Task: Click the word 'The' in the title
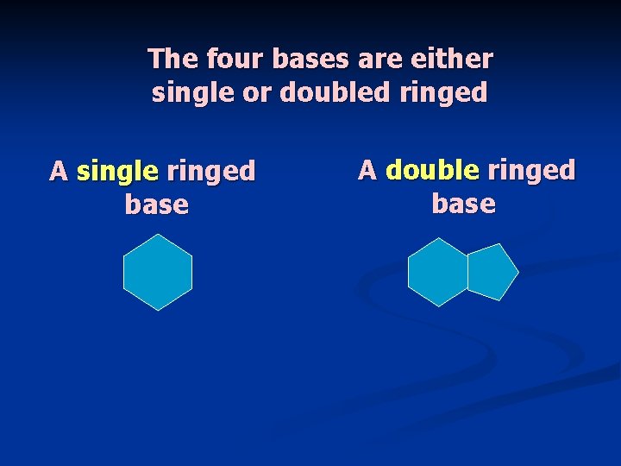click(173, 59)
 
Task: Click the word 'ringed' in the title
click(443, 93)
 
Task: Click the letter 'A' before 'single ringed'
click(59, 171)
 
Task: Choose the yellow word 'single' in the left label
click(117, 172)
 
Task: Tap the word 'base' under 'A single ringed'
click(156, 205)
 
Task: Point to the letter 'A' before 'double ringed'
click(367, 170)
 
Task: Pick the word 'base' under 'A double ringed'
click(463, 204)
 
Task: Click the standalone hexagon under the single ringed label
click(157, 272)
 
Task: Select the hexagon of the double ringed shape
click(438, 272)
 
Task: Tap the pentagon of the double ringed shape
click(490, 272)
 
